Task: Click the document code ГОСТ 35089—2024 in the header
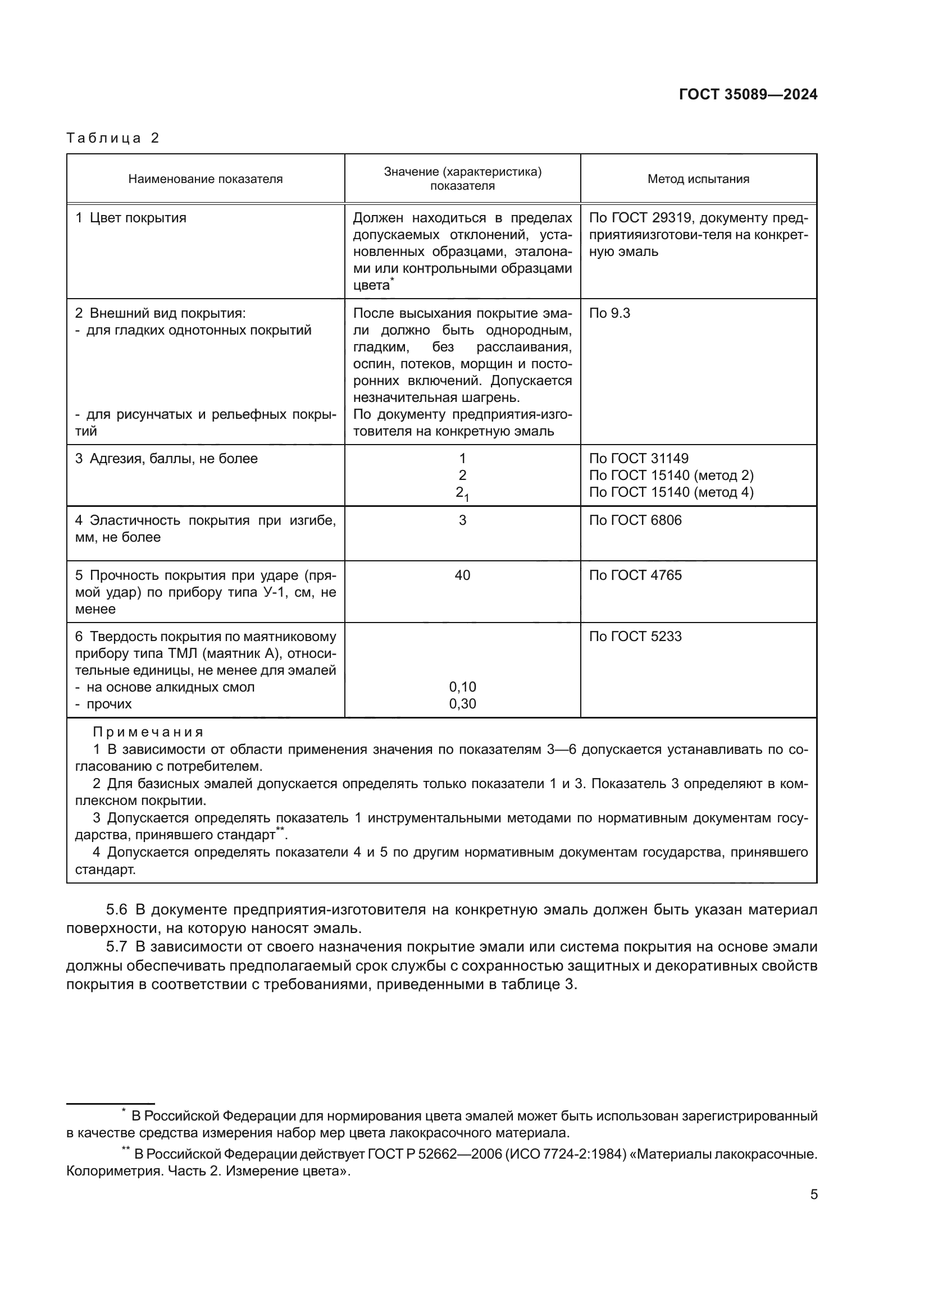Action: point(748,95)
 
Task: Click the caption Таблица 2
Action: point(113,138)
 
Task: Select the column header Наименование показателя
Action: point(206,179)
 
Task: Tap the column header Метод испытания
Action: point(698,179)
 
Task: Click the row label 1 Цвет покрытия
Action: point(131,218)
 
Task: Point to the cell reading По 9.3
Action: point(609,313)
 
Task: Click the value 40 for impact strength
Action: point(462,575)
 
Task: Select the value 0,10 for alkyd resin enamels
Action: point(462,687)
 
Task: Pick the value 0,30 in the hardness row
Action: point(462,704)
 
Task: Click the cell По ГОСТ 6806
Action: point(635,520)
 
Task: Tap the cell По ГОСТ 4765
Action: point(635,575)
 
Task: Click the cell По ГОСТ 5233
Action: point(635,637)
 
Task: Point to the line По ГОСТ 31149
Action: point(639,459)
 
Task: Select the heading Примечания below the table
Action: point(148,733)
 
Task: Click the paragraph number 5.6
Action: point(117,910)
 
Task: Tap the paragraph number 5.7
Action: point(117,947)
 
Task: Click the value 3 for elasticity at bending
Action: point(462,520)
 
